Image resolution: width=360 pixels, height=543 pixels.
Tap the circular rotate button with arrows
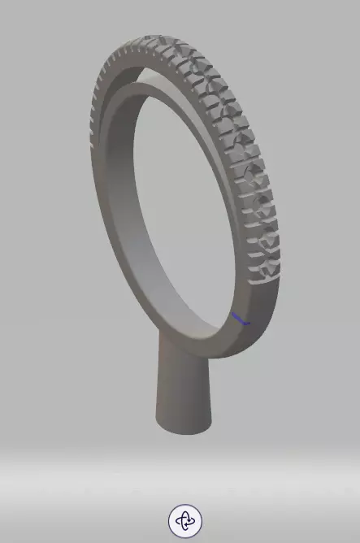point(185,519)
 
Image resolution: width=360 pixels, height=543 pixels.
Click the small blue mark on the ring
point(239,319)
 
